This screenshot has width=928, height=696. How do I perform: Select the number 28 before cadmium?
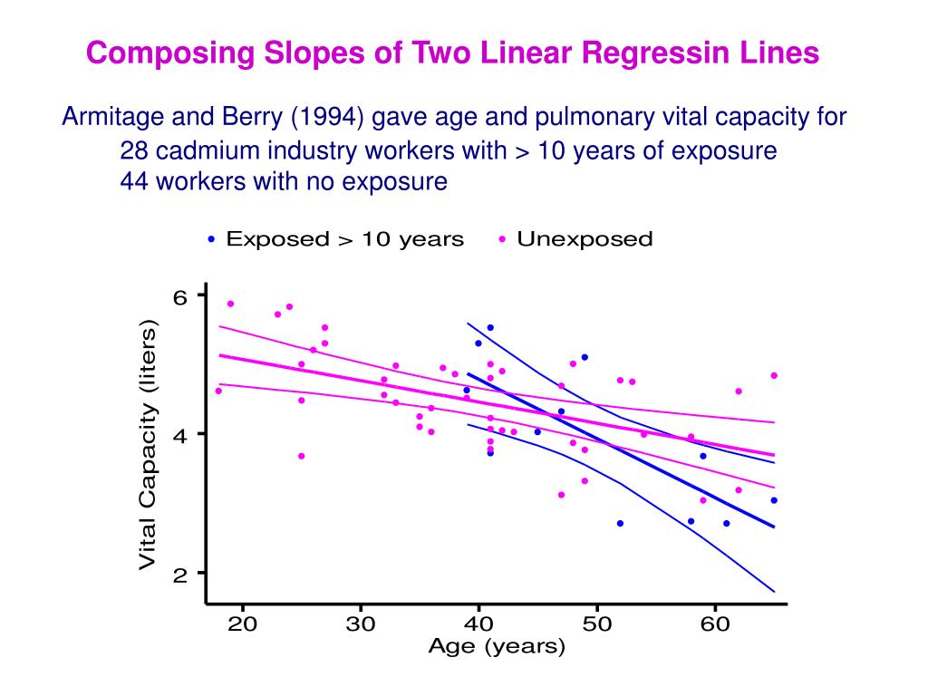coord(133,150)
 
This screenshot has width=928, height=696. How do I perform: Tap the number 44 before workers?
coord(133,181)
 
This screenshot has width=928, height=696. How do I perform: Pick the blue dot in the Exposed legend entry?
coord(211,240)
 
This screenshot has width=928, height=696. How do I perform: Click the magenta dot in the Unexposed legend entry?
coord(502,240)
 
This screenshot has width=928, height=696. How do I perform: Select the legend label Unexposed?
coord(585,239)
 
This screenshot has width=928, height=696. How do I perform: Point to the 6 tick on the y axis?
coord(179,295)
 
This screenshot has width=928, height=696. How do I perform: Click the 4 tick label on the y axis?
coord(179,434)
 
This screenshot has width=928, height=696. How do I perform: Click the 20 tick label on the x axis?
coord(242,624)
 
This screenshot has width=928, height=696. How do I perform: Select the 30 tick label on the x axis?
coord(361,624)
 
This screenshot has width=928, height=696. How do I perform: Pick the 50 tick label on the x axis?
coord(596,624)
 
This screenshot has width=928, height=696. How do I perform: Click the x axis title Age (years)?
coord(496,646)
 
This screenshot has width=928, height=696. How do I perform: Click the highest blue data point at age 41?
coord(490,327)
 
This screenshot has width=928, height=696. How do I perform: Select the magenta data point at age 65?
coord(774,375)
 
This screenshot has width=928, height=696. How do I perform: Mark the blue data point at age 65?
coord(774,500)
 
